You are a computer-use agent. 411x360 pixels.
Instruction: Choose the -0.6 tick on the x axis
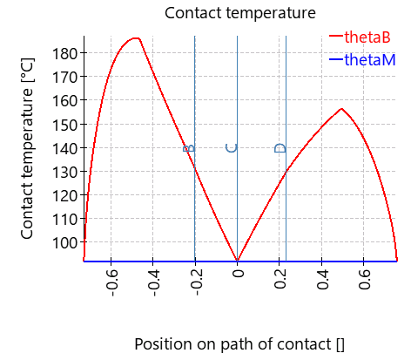(111, 283)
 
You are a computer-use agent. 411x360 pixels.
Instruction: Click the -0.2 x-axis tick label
(196, 283)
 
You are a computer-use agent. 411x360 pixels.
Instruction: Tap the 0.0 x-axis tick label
(238, 281)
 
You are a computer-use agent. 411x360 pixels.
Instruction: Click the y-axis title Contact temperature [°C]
(27, 146)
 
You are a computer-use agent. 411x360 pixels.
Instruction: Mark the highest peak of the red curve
(135, 38)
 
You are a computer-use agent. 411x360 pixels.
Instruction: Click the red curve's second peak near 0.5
(341, 109)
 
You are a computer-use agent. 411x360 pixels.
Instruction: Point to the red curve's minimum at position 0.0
(237, 259)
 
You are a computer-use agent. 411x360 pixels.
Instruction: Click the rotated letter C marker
(232, 148)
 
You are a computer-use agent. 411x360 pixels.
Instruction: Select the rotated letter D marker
(280, 148)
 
